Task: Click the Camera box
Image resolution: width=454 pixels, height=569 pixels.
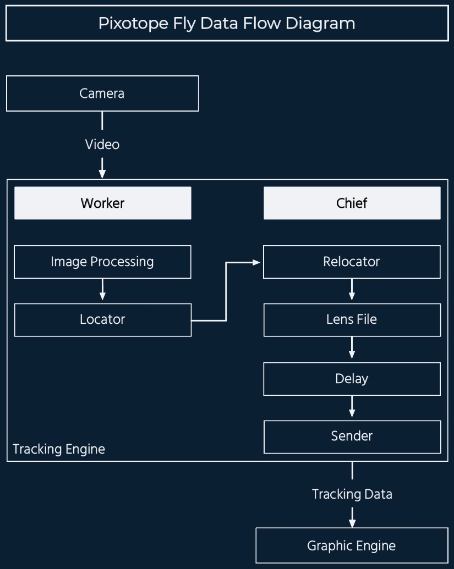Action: coord(102,93)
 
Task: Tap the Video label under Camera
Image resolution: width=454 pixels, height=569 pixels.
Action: coord(102,145)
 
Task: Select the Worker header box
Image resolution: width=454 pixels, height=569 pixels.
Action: coord(102,203)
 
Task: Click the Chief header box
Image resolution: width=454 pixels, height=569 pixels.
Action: coord(352,203)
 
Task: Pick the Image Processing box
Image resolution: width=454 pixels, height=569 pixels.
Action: coord(102,262)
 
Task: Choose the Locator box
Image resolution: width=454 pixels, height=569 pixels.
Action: coord(102,319)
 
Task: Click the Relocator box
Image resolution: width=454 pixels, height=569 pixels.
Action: coord(352,262)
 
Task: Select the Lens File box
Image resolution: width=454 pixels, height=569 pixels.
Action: coord(352,319)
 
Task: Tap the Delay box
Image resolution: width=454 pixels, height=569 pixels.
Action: coord(352,379)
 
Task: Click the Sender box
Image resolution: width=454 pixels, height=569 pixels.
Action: coord(352,437)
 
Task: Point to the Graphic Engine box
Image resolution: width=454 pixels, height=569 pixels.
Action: coord(351,546)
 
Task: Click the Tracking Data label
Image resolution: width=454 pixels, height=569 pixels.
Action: coord(352,494)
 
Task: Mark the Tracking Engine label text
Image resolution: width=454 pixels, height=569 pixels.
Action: coord(59,449)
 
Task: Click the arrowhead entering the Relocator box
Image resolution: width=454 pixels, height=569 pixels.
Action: coord(256,262)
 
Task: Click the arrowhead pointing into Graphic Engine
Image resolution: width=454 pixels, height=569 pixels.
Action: coord(352,523)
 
